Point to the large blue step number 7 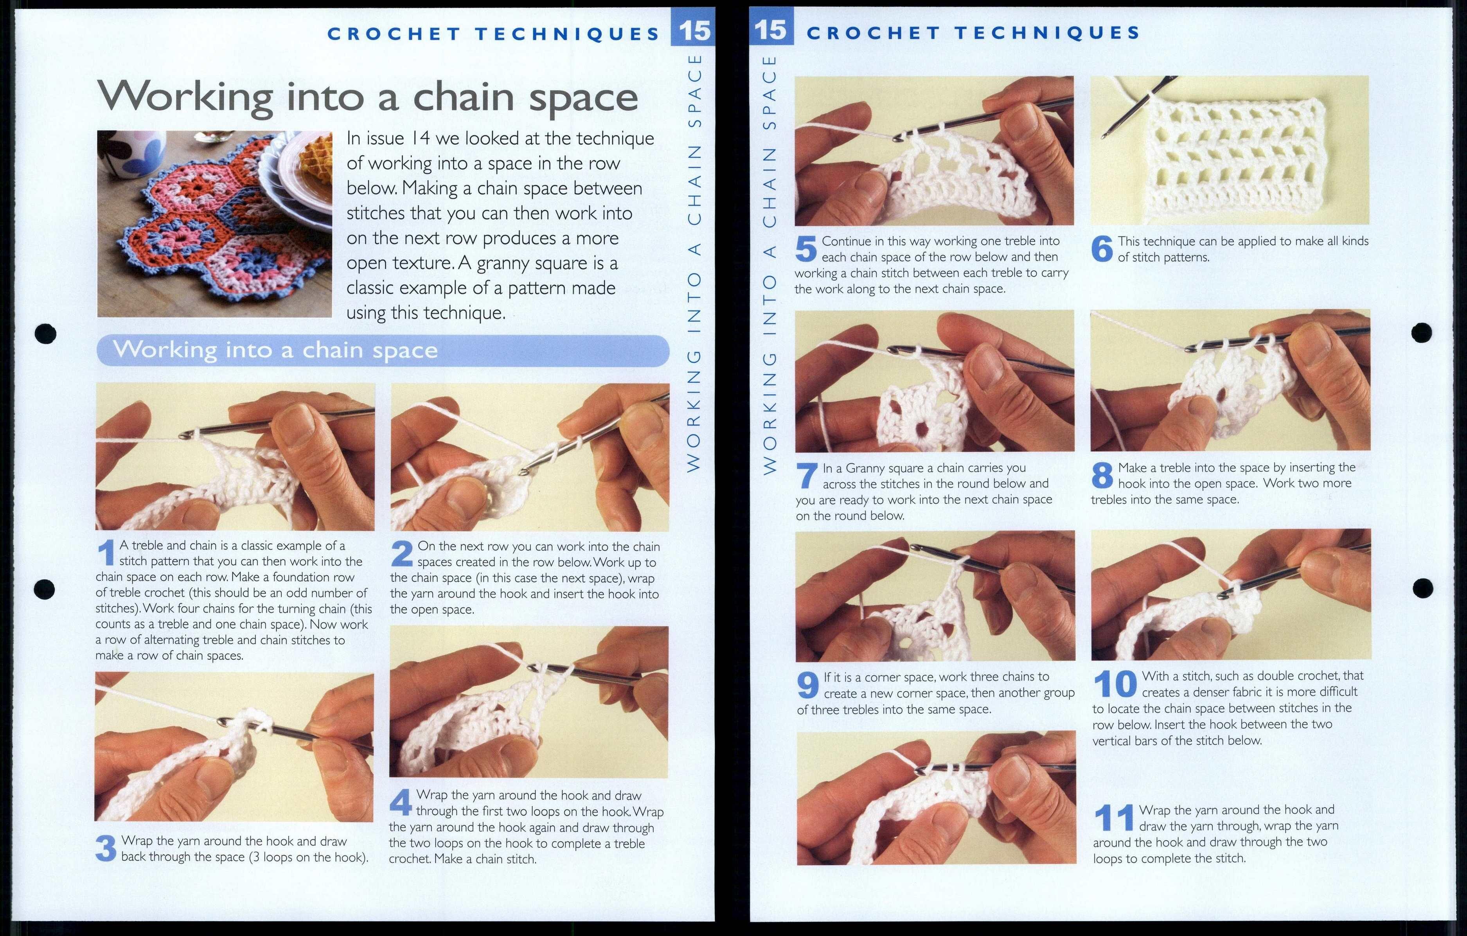[807, 476]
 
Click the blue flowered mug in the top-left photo [133, 152]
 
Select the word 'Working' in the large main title [186, 97]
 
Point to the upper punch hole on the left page [46, 333]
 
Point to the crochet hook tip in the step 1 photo [186, 435]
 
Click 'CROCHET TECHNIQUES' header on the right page [973, 33]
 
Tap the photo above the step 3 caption [234, 747]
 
